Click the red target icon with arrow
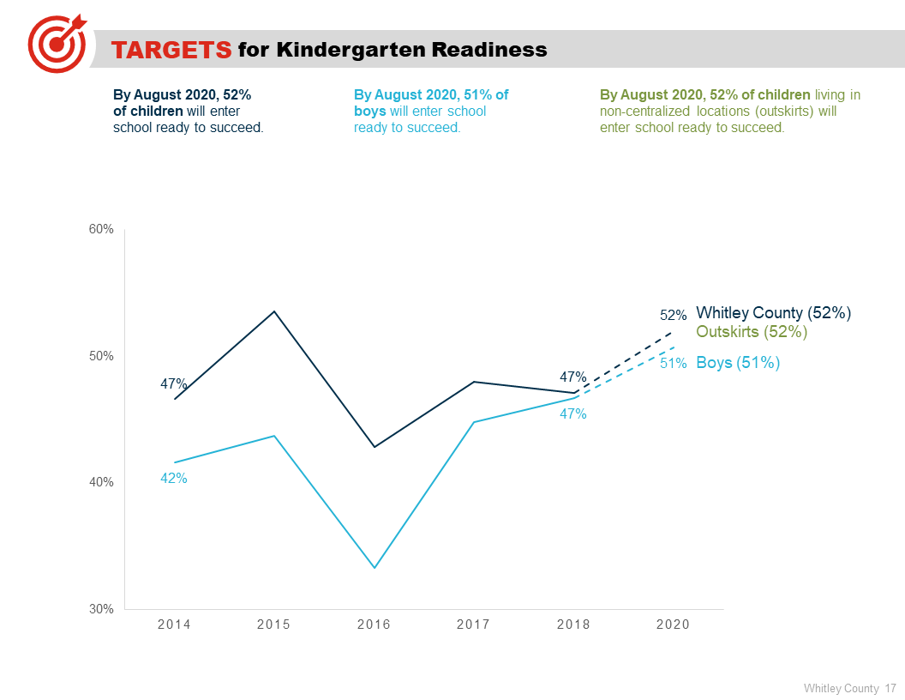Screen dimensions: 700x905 pos(57,42)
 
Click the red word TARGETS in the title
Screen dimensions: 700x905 pos(171,50)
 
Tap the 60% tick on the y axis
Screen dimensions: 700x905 pos(102,229)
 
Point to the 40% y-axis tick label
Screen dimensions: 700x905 pos(102,482)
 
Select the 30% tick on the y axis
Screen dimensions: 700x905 pos(102,609)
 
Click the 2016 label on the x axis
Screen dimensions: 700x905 pos(374,625)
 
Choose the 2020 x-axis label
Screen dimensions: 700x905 pos(673,625)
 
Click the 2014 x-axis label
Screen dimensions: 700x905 pos(174,625)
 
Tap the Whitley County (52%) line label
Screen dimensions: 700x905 pos(773,313)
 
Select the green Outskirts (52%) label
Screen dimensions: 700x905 pos(752,332)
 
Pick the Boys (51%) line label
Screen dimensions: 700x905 pos(738,363)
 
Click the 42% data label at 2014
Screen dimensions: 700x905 pos(174,479)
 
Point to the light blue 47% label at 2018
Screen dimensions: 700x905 pos(572,414)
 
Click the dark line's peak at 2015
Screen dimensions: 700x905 pos(274,311)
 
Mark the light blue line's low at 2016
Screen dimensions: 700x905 pos(375,567)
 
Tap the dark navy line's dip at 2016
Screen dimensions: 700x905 pos(375,446)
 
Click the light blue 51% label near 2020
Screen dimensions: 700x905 pos(673,364)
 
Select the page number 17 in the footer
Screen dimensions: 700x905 pos(890,688)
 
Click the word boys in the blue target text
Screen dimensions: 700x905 pos(370,112)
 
